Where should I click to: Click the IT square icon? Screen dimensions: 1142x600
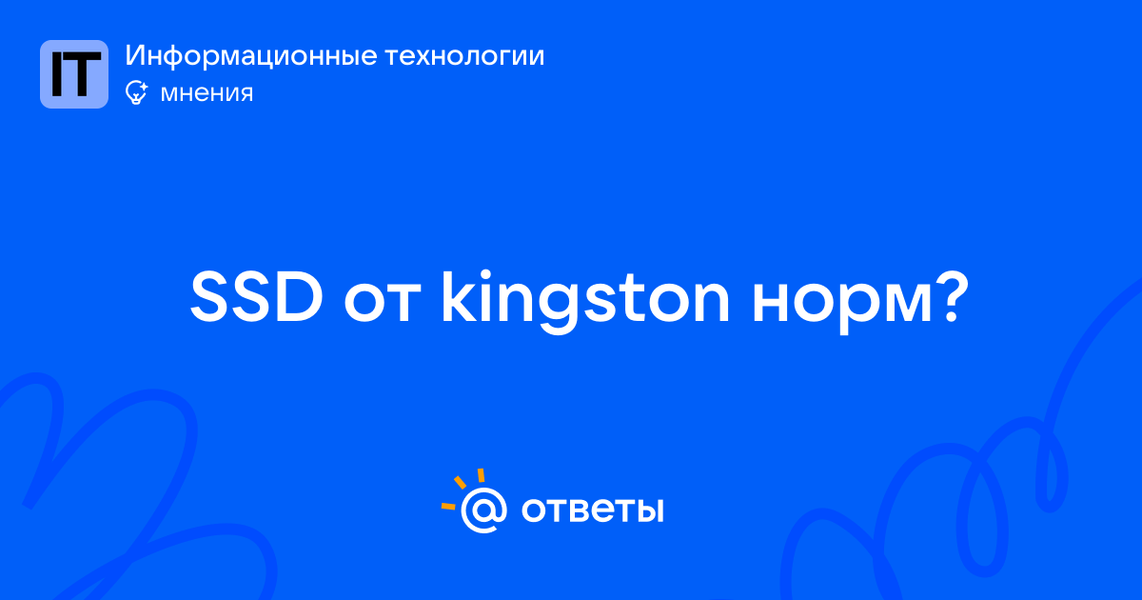pyautogui.click(x=74, y=74)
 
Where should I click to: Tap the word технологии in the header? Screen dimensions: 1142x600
pyautogui.click(x=465, y=56)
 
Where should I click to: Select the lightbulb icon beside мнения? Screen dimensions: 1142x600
pyautogui.click(x=136, y=92)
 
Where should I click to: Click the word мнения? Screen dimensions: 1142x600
pyautogui.click(x=207, y=93)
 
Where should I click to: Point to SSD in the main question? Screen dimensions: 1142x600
pyautogui.click(x=256, y=297)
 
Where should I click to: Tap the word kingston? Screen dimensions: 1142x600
pyautogui.click(x=586, y=302)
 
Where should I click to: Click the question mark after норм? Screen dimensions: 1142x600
pyautogui.click(x=951, y=297)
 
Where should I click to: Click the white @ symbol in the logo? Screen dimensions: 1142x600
pyautogui.click(x=483, y=510)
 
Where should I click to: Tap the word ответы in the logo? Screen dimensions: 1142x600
pyautogui.click(x=592, y=510)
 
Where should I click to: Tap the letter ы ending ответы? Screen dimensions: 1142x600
pyautogui.click(x=648, y=510)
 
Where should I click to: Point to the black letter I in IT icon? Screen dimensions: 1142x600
pyautogui.click(x=57, y=74)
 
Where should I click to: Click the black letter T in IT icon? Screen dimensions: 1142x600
pyautogui.click(x=83, y=74)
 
